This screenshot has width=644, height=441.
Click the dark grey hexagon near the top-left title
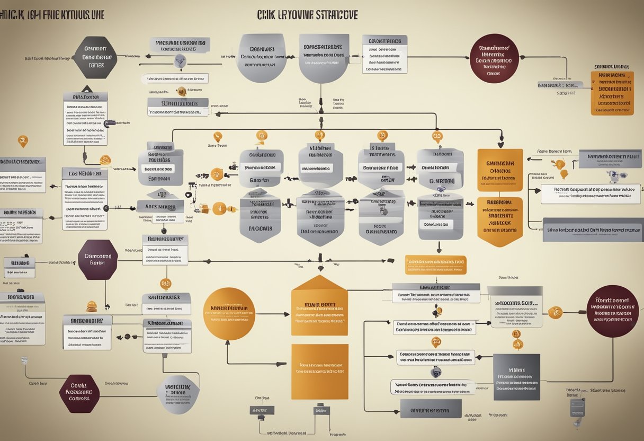coord(95,57)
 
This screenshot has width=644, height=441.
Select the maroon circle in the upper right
coord(493,59)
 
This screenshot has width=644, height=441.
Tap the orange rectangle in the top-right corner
coord(612,93)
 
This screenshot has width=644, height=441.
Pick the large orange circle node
coord(229,314)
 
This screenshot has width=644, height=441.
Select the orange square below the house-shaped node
coord(319,371)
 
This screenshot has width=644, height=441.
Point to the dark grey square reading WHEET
coord(516,377)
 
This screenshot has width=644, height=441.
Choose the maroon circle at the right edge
coord(613,311)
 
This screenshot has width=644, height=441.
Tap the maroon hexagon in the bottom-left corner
coord(79,394)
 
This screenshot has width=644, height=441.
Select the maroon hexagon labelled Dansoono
coord(97,259)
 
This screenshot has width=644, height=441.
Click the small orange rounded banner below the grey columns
coord(435,264)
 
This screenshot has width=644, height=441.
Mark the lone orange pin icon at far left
coord(22,141)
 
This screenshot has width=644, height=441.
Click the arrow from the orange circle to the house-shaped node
coord(273,314)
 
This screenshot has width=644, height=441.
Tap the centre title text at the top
coord(307,14)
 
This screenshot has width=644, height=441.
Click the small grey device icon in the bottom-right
coord(577,407)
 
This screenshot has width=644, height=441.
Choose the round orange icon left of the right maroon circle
coord(554,312)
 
